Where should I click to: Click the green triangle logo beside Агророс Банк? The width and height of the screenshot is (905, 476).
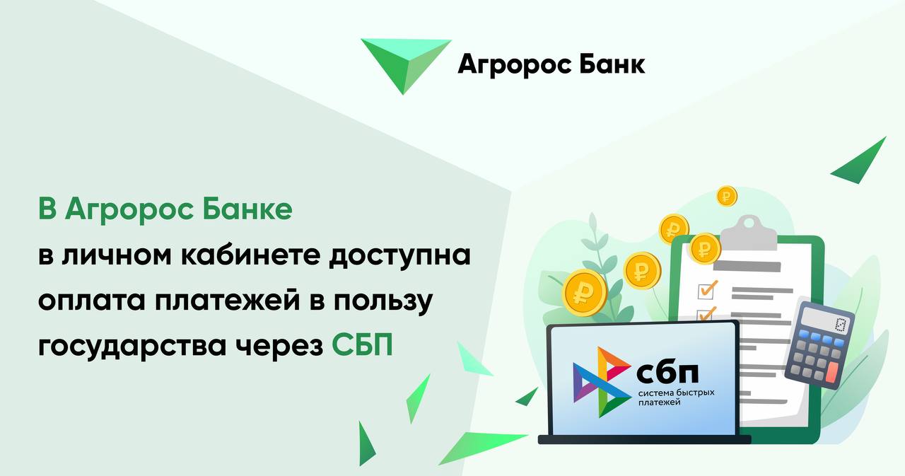pos(406,63)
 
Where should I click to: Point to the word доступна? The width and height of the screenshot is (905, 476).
pos(399,257)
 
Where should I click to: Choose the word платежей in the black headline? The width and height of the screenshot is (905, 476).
pos(228,301)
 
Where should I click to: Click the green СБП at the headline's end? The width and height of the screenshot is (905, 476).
pos(362,344)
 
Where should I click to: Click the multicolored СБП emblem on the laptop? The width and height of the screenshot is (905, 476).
pos(602,382)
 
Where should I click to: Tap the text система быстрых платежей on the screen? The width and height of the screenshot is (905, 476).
pos(676,397)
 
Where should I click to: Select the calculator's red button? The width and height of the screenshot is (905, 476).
pos(832,372)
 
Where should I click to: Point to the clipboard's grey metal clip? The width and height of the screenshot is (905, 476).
pos(749,233)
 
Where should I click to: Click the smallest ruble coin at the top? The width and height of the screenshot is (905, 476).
pos(726,196)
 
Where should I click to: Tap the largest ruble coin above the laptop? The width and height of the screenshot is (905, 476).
pos(584,293)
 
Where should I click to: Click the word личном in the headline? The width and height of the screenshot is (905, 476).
pos(117,257)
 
